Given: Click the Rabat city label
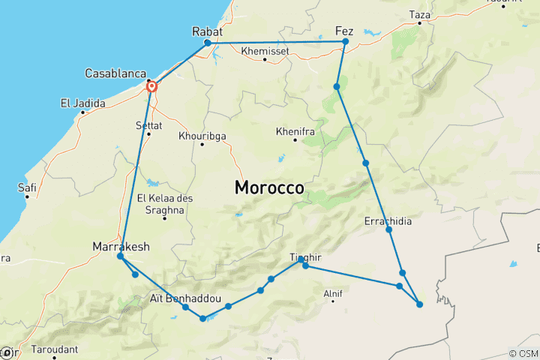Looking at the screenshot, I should point(208,31).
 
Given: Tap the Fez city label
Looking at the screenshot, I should point(344,31).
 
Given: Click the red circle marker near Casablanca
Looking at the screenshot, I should point(152,87).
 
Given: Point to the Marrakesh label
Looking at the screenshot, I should point(121,246).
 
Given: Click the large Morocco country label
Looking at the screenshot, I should point(269,187).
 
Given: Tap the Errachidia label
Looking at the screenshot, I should point(387,221).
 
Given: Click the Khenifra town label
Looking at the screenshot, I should point(295,130).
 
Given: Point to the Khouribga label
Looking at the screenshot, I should point(202,136).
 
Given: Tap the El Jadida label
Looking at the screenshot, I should point(83,103).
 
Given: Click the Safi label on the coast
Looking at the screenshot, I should point(27,187).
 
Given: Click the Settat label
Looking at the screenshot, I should point(148,124).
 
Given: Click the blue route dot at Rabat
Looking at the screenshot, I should point(208,43).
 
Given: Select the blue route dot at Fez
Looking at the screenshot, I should point(345,42).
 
